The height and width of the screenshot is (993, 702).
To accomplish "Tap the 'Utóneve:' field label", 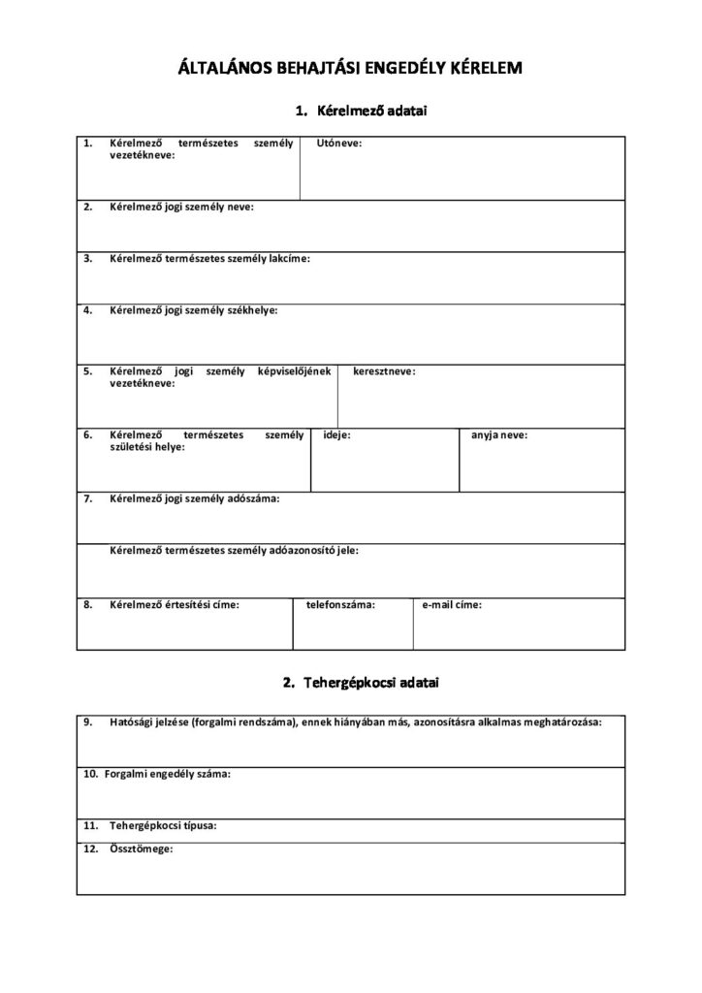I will [x=339, y=144].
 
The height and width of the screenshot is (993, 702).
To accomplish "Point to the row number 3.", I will [x=87, y=259].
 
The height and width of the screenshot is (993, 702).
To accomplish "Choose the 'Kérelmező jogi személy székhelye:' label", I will [x=194, y=310].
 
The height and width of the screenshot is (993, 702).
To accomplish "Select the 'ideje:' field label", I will [x=336, y=435].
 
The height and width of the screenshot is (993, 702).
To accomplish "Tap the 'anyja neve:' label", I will [x=499, y=435].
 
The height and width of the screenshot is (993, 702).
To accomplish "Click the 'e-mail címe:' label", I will [x=452, y=604].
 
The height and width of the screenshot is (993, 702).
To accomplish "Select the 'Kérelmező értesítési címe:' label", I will [x=175, y=604].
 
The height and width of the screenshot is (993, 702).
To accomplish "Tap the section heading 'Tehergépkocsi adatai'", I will [x=372, y=684].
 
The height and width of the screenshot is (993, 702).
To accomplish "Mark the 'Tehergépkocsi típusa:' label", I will [x=163, y=826].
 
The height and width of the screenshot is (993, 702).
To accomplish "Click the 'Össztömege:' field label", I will [x=141, y=849].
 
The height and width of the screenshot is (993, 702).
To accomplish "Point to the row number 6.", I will [x=87, y=435].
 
